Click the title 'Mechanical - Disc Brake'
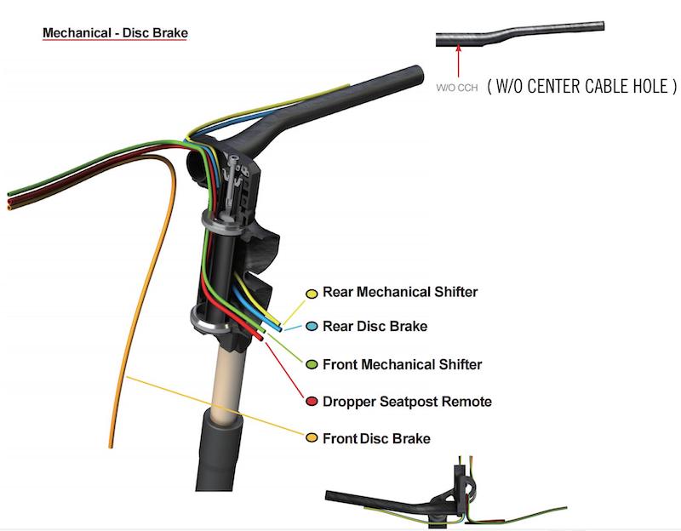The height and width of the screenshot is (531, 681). (x=115, y=34)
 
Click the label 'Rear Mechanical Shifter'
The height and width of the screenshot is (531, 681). (x=400, y=293)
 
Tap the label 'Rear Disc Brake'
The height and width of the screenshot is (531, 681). (x=375, y=327)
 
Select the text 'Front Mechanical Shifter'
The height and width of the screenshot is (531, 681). (x=402, y=364)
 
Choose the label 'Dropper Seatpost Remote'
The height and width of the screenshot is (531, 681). (x=407, y=401)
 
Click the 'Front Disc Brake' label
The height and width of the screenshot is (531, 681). (x=376, y=438)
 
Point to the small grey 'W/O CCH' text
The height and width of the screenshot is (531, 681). (x=457, y=87)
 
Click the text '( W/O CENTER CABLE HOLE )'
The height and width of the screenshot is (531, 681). (x=581, y=86)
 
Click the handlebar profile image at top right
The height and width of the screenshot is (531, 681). (x=519, y=37)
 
